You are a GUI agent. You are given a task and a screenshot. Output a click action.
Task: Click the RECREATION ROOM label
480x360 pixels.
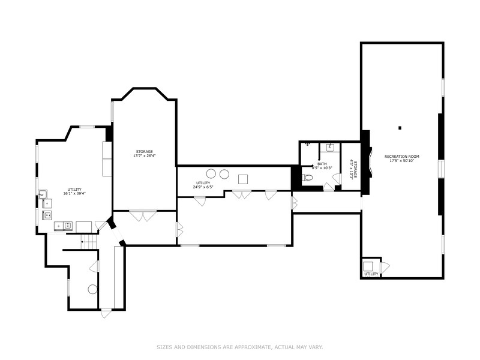[402, 156]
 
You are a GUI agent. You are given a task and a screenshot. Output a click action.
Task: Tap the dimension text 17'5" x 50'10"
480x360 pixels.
[402, 160]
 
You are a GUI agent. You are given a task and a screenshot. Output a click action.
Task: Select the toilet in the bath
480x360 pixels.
[308, 177]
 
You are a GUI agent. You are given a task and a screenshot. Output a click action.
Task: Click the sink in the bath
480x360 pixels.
[330, 147]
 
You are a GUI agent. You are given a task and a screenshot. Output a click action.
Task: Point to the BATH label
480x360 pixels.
[322, 164]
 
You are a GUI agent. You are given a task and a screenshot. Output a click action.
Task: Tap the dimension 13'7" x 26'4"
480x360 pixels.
[144, 156]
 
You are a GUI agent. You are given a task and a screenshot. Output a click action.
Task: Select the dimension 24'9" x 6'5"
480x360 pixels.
[203, 187]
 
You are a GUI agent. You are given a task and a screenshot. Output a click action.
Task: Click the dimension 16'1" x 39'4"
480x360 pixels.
[75, 194]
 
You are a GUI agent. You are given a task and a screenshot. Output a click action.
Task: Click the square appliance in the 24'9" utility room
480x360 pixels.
[243, 178]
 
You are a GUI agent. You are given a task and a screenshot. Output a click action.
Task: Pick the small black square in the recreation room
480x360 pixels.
[400, 127]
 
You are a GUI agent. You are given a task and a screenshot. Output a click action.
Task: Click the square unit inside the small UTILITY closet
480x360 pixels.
[369, 266]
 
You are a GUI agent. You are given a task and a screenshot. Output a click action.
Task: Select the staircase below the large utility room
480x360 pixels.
[88, 241]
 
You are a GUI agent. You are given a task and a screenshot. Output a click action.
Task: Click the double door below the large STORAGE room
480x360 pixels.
[143, 215]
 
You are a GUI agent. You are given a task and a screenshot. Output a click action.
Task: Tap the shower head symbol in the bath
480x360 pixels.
[307, 144]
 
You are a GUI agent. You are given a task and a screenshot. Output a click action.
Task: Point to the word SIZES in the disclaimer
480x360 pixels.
[164, 347]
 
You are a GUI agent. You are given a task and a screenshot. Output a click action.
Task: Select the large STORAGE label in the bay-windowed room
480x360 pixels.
[144, 151]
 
